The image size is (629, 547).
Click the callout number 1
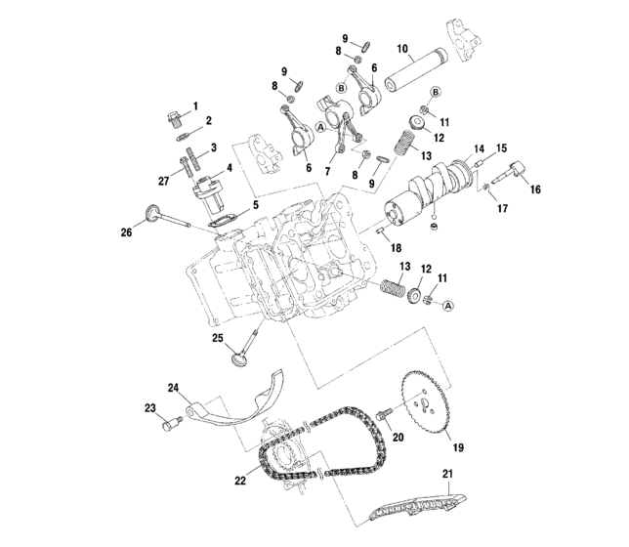(x=194, y=105)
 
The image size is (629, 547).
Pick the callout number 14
(x=480, y=150)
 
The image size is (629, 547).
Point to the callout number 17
(x=503, y=207)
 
